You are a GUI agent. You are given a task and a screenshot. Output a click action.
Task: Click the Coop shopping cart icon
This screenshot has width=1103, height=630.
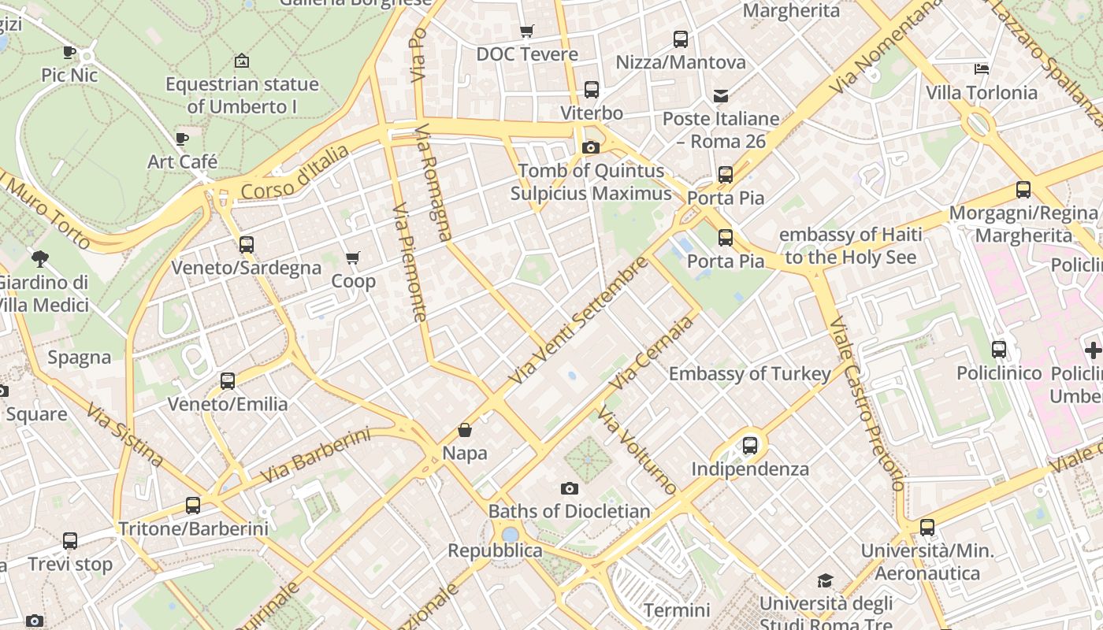353,258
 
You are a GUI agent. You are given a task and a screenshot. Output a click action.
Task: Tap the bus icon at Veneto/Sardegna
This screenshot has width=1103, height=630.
247,245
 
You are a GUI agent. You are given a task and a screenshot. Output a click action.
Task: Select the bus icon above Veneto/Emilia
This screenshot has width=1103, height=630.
228,381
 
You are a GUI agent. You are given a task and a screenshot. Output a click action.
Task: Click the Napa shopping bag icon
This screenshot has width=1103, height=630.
465,430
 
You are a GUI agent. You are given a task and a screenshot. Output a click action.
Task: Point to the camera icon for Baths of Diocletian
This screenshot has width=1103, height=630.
570,489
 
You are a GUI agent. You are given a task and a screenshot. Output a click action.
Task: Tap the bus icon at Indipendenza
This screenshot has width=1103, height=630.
750,446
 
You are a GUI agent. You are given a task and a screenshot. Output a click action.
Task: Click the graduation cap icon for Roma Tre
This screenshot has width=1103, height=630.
825,581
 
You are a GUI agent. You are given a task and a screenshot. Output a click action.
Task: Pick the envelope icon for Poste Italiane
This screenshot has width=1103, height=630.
721,96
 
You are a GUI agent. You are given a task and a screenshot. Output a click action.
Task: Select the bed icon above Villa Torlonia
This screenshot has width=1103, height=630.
982,69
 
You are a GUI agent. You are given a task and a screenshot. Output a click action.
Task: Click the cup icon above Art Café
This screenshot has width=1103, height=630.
182,139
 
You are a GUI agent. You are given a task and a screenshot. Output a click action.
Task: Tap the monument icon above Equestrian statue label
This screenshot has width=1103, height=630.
242,61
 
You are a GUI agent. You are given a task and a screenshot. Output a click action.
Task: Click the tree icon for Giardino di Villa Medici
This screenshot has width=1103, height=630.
40,258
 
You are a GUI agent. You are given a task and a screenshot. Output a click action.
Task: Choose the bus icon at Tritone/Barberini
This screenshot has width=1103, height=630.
193,506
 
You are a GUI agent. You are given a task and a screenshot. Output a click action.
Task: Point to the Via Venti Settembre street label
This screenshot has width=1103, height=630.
579,320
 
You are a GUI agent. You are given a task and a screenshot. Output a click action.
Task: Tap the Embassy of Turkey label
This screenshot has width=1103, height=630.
749,373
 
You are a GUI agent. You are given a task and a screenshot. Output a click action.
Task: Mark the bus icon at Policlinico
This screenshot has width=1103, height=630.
999,349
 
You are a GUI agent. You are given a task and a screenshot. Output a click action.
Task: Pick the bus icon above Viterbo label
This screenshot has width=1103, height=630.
592,90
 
